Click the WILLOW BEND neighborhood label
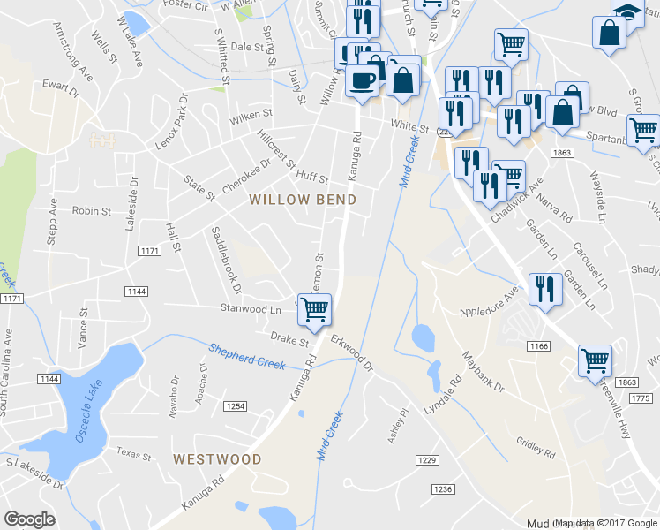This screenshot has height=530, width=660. point(303,200)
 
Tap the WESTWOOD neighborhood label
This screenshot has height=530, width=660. point(217,459)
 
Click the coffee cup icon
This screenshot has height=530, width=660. point(361,81)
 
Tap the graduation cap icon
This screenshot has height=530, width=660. point(627,14)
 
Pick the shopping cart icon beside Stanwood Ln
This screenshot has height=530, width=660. point(314,309)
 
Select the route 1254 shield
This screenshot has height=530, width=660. point(236,406)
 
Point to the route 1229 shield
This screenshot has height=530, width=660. point(427,460)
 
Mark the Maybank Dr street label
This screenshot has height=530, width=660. point(482,372)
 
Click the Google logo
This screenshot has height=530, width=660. point(29,519)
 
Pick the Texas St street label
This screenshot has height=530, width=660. point(134,453)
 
